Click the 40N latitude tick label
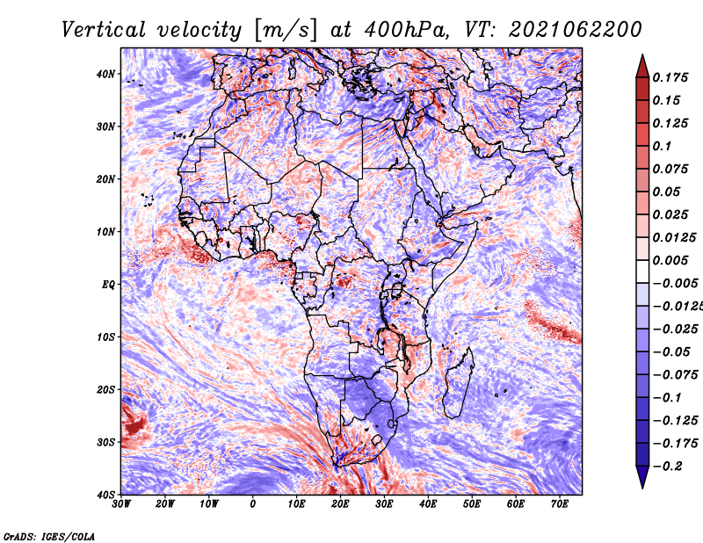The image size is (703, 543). [x=105, y=74]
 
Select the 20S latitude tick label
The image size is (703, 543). [x=105, y=389]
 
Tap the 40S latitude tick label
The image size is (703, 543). [x=105, y=495]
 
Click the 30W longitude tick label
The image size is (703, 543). [x=121, y=504]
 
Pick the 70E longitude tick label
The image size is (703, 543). [x=560, y=504]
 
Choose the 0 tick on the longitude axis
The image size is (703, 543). [x=253, y=504]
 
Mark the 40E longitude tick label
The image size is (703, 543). [x=428, y=504]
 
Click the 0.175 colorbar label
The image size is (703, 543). [x=670, y=77]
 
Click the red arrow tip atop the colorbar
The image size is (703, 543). [x=642, y=63]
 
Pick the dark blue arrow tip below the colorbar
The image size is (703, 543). [x=642, y=479]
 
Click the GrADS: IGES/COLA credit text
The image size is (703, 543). [x=49, y=535]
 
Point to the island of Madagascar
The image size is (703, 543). [x=457, y=382]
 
